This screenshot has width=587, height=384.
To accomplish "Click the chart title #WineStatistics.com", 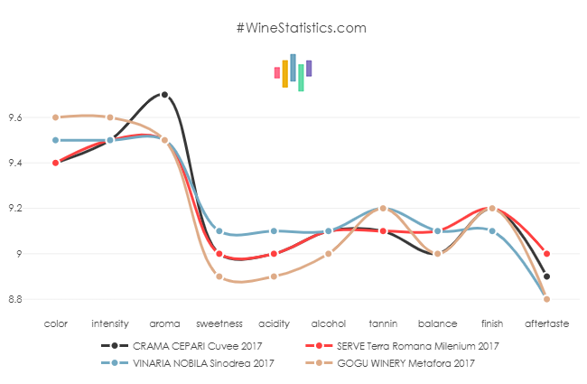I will [301, 28].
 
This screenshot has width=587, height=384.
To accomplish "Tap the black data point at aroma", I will [164, 95].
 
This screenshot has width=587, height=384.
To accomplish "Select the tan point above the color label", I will [55, 117].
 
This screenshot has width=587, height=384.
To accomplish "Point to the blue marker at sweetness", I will [219, 230].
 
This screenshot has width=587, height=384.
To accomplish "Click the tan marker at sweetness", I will [219, 276].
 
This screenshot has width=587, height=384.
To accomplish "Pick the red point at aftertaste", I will [547, 254].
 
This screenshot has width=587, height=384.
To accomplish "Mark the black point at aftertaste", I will [547, 276].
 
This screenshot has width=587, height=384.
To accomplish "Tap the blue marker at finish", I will [492, 230].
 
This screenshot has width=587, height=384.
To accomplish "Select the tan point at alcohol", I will [329, 254].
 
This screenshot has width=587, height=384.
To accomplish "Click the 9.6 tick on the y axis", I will [15, 117].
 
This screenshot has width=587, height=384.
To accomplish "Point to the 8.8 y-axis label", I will [15, 299].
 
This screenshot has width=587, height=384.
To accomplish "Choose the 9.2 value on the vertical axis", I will [15, 208].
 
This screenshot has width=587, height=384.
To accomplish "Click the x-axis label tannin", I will [383, 323].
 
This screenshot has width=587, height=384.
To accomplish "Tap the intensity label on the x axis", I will [109, 323].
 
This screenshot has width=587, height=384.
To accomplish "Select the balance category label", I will [437, 323].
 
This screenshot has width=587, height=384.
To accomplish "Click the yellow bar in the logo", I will [285, 74].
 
